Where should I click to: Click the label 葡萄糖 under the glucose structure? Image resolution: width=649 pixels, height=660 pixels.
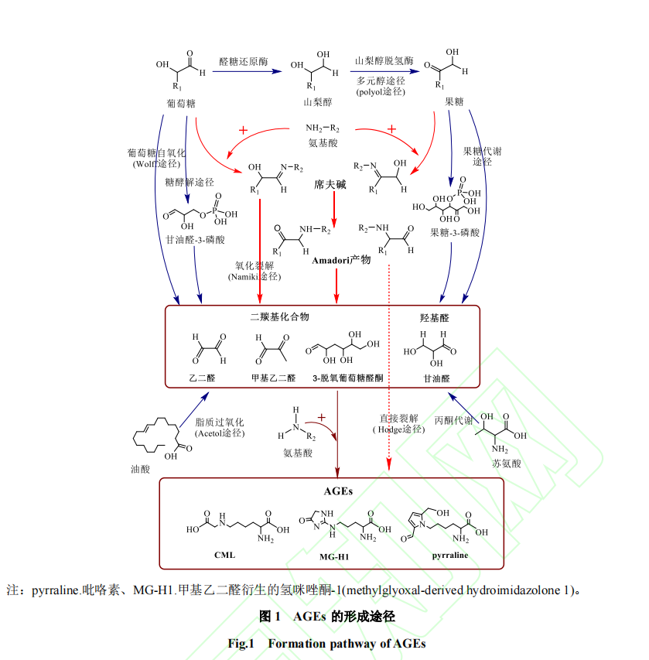pos(180,103)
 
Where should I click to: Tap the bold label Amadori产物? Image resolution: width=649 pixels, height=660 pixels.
pos(341,260)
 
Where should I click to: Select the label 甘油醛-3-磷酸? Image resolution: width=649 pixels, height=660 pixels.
pos(195,240)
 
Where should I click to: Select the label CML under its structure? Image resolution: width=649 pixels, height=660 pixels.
pos(224,555)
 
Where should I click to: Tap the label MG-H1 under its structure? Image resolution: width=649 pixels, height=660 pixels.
pos(335,556)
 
